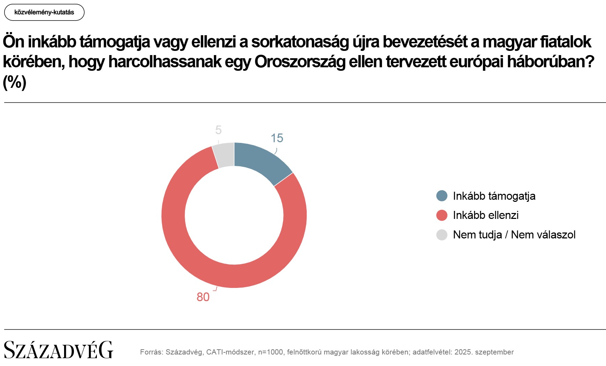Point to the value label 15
[x=277, y=138]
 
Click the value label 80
[x=203, y=297]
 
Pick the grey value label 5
[x=218, y=130]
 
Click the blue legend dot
[x=442, y=196]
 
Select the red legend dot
[x=442, y=215]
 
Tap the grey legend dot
[x=442, y=235]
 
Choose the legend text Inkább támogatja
[x=494, y=196]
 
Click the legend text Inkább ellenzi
[x=485, y=215]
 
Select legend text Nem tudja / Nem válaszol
[x=514, y=235]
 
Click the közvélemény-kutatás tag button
[x=44, y=13]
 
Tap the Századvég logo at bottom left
[x=58, y=350]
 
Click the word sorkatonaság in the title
[x=300, y=42]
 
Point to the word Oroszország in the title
[x=300, y=62]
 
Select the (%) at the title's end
[x=15, y=82]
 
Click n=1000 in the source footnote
[x=270, y=352]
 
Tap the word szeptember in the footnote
[x=494, y=352]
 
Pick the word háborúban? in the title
[x=551, y=62]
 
